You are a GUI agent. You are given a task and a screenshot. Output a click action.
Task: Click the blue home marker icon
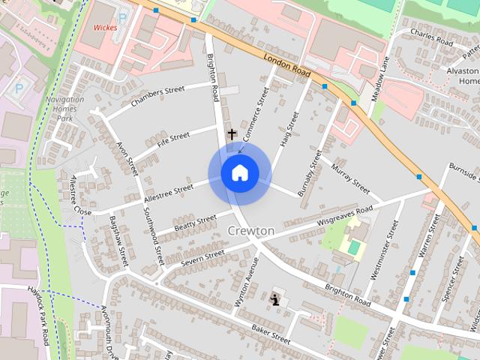(x=239, y=173)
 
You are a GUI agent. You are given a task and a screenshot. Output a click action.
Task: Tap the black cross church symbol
(x=232, y=133)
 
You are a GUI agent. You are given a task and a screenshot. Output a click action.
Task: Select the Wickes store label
(x=106, y=28)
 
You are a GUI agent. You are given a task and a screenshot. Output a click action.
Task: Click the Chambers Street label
(x=157, y=96)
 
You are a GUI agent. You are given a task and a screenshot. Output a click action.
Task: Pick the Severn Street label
(x=202, y=256)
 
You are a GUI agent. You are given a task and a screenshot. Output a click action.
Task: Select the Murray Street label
(x=350, y=177)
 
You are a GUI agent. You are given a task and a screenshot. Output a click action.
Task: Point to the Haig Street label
(x=289, y=129)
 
